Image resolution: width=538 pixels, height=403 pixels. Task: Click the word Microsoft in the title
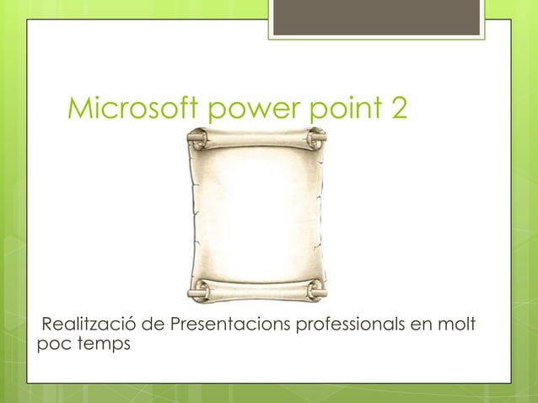coord(131,108)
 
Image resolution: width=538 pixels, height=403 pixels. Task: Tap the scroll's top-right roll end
coord(317,137)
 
